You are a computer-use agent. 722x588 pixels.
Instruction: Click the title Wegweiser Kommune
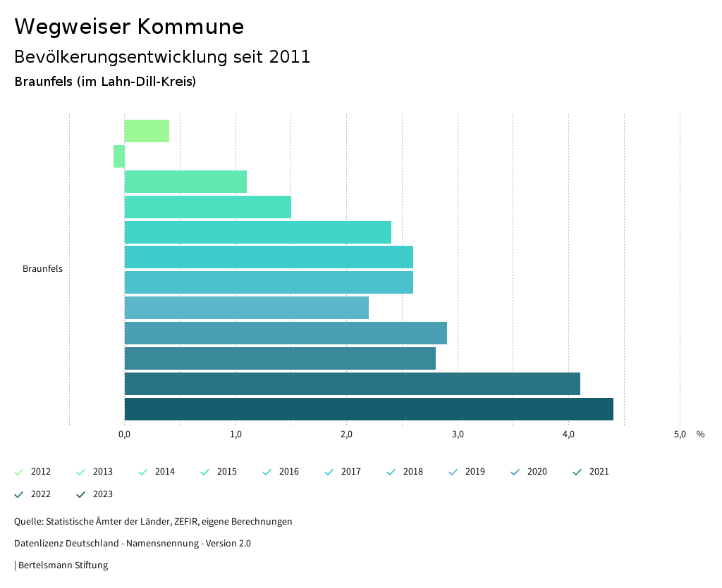click(x=129, y=27)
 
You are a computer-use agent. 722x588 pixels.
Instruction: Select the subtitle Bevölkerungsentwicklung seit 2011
click(x=162, y=57)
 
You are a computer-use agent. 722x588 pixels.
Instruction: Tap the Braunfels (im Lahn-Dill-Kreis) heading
click(x=105, y=82)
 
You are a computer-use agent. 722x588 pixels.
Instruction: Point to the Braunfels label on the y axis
click(x=42, y=269)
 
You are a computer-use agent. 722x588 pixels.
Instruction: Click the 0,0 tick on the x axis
click(x=124, y=434)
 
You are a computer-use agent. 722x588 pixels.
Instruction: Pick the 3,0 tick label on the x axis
click(x=458, y=434)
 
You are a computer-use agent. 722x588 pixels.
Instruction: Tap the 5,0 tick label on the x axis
click(x=679, y=434)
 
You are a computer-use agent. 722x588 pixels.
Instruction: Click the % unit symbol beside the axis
click(x=700, y=434)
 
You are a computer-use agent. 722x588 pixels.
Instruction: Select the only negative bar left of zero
click(x=119, y=156)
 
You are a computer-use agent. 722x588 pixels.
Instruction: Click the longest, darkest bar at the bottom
click(x=369, y=409)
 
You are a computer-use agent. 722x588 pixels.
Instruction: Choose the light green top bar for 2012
click(x=147, y=131)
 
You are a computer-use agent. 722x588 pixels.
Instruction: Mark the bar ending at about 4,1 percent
click(x=353, y=384)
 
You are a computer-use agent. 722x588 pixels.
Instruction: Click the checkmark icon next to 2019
click(x=453, y=472)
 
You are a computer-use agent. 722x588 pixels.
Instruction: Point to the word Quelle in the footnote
click(x=27, y=522)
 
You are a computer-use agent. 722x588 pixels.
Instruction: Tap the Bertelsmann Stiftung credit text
click(x=63, y=565)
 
